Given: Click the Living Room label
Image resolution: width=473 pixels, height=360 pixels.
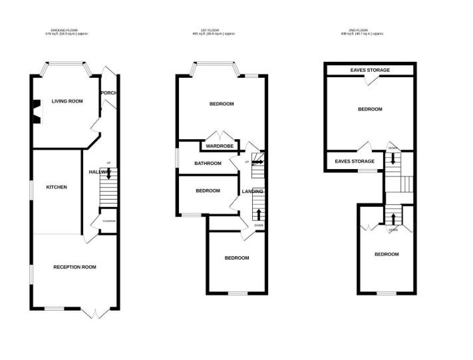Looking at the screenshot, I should click(67, 101).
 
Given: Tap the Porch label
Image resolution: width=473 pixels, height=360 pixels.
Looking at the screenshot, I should click(108, 92).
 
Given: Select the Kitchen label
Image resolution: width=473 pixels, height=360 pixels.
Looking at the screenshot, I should click(57, 187).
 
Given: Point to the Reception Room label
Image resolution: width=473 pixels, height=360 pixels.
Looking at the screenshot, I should click(75, 267).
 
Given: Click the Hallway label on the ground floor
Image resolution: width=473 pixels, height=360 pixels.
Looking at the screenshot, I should click(99, 172).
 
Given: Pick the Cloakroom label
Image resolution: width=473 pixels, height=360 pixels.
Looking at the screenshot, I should click(108, 221).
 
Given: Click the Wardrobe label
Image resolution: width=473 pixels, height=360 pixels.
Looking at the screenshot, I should click(218, 146).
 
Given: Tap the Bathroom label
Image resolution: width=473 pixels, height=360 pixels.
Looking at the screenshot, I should click(208, 164).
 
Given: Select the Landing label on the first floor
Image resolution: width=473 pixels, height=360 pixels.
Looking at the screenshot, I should click(252, 192).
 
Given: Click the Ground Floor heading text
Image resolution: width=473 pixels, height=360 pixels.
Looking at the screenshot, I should click(65, 31).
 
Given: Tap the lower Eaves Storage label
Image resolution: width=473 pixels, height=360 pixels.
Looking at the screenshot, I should click(355, 161).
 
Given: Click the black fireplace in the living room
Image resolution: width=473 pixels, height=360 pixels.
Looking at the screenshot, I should click(37, 112).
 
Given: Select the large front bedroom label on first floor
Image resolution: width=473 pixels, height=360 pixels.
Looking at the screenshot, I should click(222, 104).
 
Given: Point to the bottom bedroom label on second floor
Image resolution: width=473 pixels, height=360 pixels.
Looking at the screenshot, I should click(386, 254).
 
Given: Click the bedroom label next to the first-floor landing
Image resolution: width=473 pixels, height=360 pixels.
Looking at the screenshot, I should click(208, 191).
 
